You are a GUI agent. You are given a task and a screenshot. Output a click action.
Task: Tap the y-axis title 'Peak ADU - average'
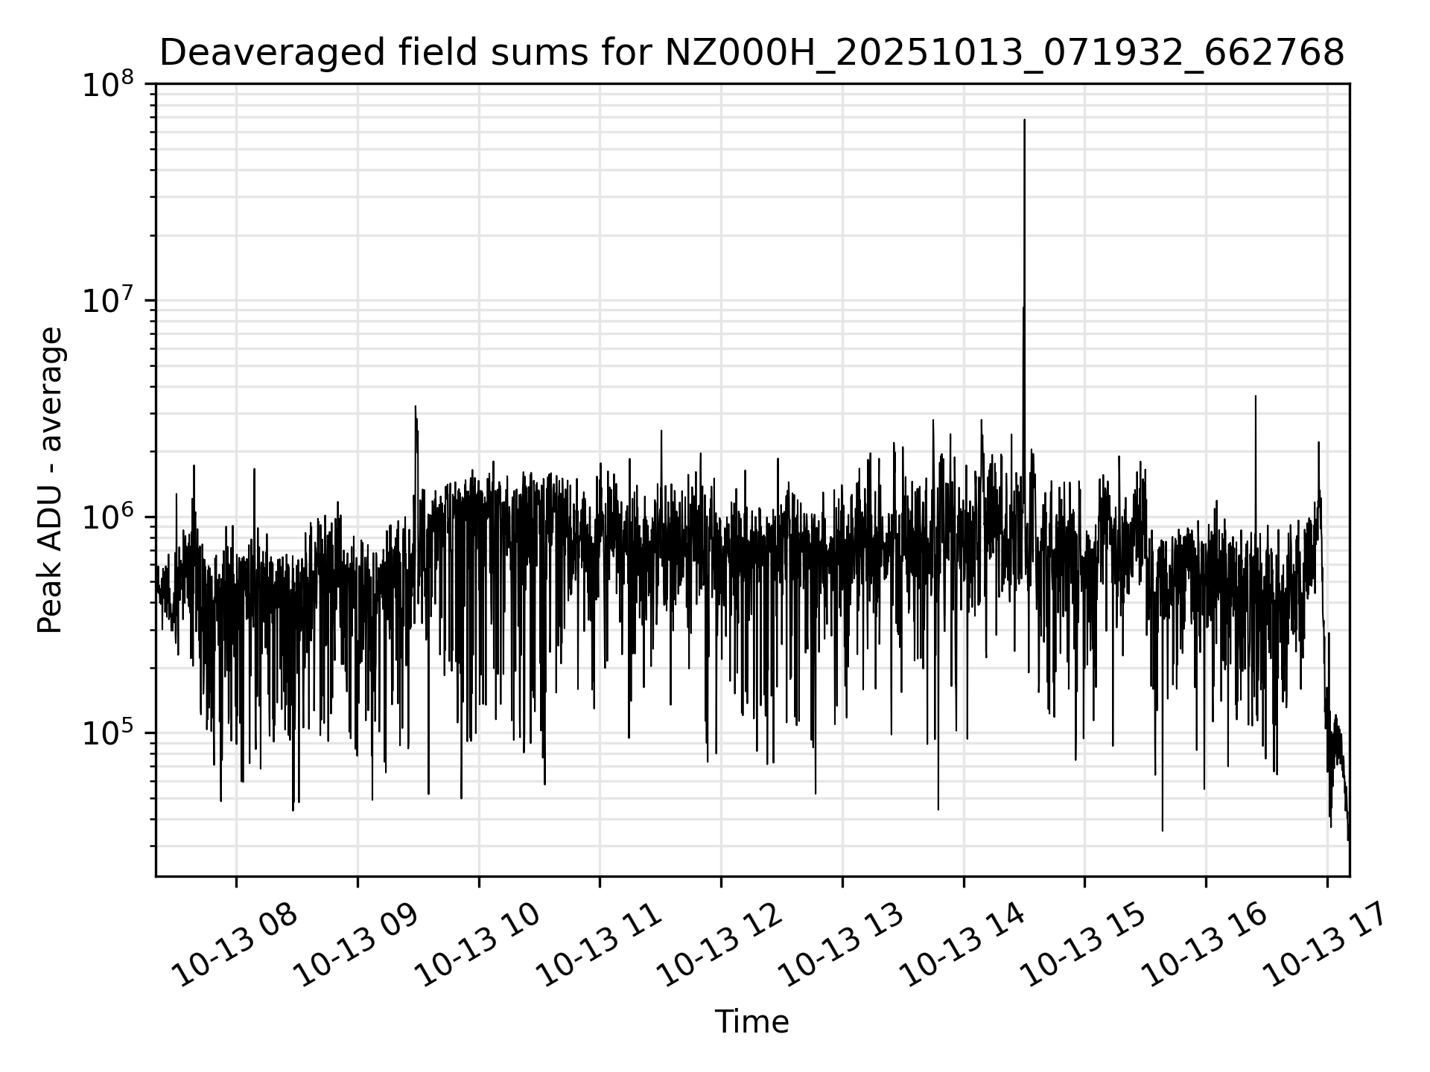coord(51,480)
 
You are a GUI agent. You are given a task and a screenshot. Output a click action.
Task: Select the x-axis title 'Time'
coord(751,1022)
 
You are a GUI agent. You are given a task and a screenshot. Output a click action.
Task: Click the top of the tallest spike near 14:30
coord(1024,120)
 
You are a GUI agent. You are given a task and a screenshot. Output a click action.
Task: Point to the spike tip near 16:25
coord(1256,397)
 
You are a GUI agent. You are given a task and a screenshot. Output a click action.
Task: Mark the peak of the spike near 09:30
coord(416,407)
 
